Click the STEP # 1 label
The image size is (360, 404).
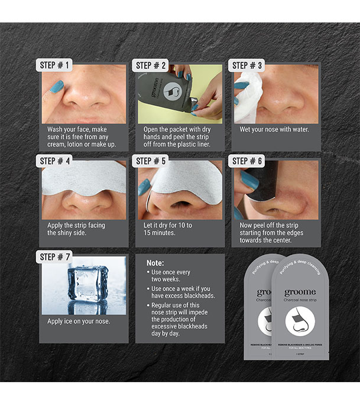[x=57, y=65]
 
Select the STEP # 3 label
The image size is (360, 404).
[x=249, y=65]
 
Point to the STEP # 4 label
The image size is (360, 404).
[x=57, y=161]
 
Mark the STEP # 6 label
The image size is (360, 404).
[x=249, y=161]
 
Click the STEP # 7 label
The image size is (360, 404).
[x=57, y=256]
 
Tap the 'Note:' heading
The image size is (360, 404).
[x=155, y=262]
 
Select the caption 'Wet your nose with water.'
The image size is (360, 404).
[x=274, y=129]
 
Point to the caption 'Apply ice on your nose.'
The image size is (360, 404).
[x=79, y=321]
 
